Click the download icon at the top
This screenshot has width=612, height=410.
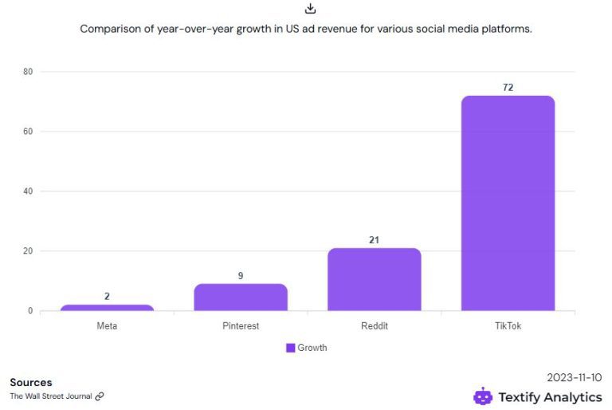click(311, 9)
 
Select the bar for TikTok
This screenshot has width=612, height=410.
click(508, 203)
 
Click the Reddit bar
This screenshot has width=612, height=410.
click(374, 279)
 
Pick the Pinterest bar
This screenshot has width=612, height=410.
click(240, 298)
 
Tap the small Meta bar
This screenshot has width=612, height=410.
click(107, 308)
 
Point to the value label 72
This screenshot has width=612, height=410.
click(508, 87)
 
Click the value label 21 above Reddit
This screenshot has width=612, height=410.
click(374, 239)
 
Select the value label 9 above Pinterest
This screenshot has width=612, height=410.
click(240, 276)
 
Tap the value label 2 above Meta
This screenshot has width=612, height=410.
click(107, 297)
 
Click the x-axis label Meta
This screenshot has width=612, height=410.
click(107, 326)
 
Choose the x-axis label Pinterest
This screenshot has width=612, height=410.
click(240, 326)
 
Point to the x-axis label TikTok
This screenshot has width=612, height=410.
click(508, 326)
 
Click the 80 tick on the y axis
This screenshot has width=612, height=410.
click(27, 72)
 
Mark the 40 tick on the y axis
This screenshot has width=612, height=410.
click(27, 191)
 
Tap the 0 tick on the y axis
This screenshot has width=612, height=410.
click(30, 311)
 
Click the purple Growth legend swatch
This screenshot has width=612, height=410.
click(291, 348)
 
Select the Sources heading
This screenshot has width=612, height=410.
click(31, 382)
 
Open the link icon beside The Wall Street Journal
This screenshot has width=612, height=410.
click(100, 396)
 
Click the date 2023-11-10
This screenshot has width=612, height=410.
click(575, 377)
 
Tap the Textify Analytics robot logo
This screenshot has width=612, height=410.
click(483, 396)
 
